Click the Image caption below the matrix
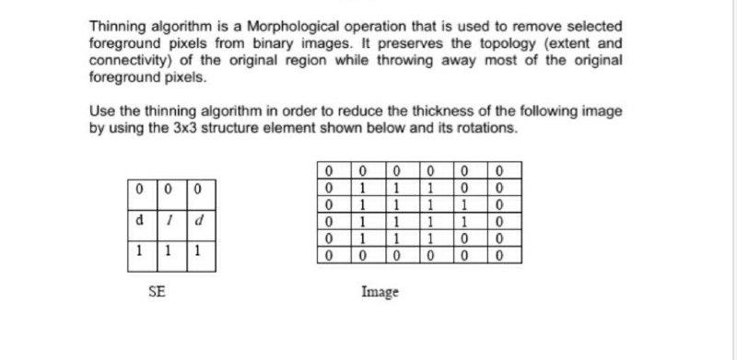(380, 292)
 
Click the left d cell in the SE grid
(139, 222)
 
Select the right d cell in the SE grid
(201, 222)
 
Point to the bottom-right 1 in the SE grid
(201, 251)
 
